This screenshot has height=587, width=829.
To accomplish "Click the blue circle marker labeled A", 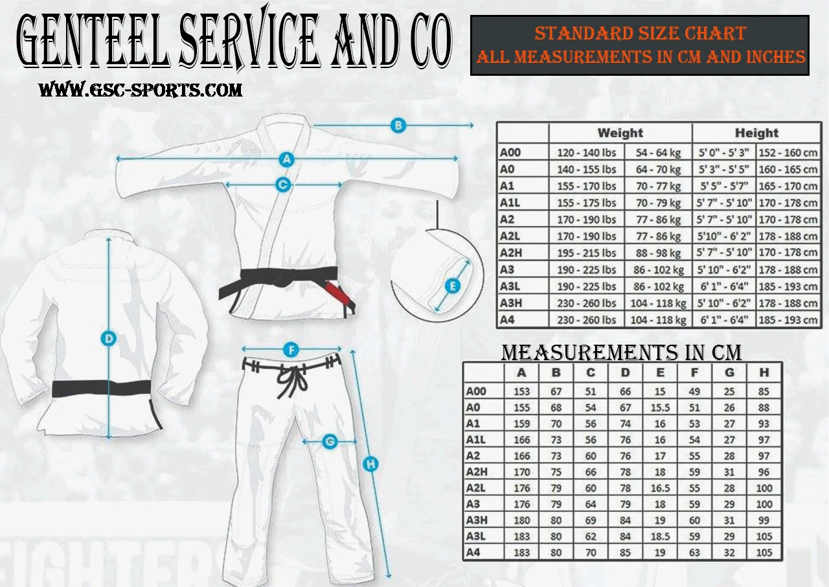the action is (287, 159).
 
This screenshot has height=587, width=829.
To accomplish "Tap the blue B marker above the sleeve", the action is (398, 125).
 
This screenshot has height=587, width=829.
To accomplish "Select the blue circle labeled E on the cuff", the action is (453, 286).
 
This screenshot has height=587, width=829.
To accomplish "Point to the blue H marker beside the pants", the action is (370, 464).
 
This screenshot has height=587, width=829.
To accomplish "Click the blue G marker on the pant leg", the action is (330, 443).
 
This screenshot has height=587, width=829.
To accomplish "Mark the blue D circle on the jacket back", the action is (109, 338).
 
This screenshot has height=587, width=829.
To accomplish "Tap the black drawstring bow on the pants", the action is (292, 379).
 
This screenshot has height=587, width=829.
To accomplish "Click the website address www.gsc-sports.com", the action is (141, 90).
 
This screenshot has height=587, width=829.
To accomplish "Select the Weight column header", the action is (620, 133).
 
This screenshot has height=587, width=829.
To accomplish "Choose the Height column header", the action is (756, 133).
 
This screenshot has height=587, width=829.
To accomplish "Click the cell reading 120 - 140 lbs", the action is (587, 153).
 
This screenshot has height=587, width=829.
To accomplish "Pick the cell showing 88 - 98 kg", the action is (658, 253).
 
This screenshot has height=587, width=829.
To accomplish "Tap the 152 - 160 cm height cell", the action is (788, 153).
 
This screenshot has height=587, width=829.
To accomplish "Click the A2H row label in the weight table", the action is (510, 253).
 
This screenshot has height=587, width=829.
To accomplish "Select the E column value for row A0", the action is (660, 408).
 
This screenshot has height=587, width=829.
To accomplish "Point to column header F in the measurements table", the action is (695, 373).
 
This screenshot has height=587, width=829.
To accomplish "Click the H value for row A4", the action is (764, 553).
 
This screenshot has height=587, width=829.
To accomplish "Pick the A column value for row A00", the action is (521, 391).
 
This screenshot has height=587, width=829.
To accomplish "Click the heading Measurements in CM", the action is (622, 352).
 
